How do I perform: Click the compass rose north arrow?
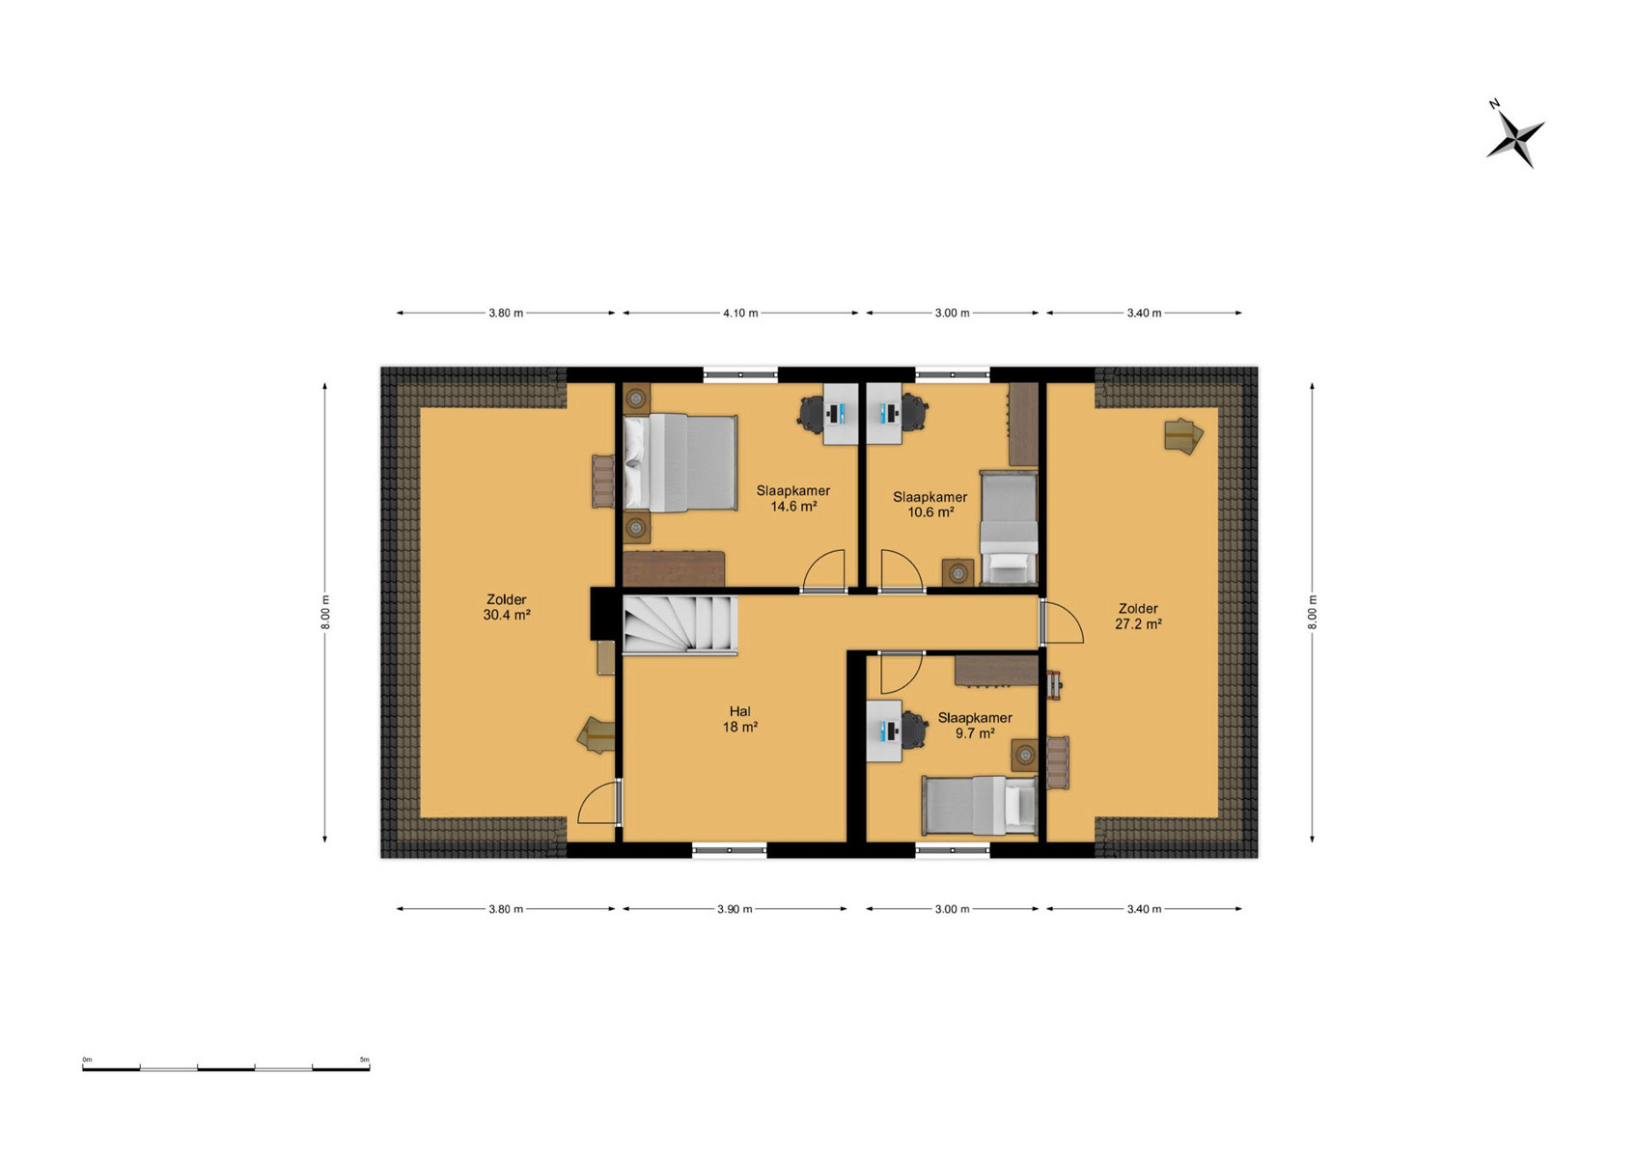click(x=1514, y=142)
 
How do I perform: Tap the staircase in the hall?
click(x=680, y=624)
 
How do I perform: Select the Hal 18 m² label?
click(x=739, y=719)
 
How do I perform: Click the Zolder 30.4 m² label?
click(x=507, y=607)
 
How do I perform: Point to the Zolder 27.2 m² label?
click(x=1138, y=616)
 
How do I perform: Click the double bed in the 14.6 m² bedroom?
click(x=680, y=462)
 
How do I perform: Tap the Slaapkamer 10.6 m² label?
click(x=930, y=504)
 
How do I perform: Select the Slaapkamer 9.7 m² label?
click(x=975, y=726)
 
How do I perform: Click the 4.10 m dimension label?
click(x=740, y=313)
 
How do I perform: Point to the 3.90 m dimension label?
click(x=735, y=909)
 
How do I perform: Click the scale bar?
click(x=226, y=1068)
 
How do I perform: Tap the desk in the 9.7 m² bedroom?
click(x=883, y=731)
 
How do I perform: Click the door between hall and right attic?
click(x=1061, y=621)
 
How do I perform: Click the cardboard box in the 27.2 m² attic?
click(x=1183, y=435)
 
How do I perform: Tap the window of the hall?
click(x=730, y=850)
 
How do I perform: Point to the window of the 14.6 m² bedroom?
click(x=740, y=374)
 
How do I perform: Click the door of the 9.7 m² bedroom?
click(x=902, y=673)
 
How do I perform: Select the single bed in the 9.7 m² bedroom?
click(x=980, y=805)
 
